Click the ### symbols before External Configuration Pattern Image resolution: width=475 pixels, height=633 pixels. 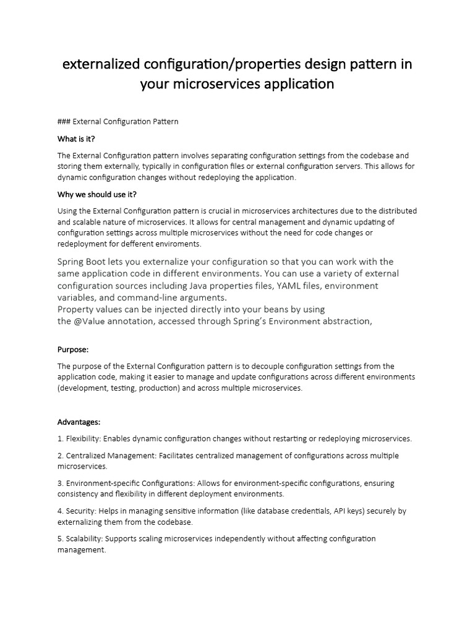(64, 121)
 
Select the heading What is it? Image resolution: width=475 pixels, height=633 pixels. (76, 138)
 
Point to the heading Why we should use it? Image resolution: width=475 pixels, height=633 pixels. (96, 194)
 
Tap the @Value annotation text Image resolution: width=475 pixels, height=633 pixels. (92, 321)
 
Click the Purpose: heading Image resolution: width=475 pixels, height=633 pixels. (73, 349)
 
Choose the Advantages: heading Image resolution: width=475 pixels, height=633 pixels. (79, 422)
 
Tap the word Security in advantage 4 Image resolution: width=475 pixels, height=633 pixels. (80, 511)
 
